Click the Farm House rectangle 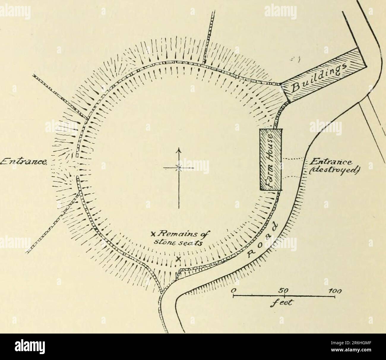coord(270,160)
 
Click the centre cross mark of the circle coord(178,168)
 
